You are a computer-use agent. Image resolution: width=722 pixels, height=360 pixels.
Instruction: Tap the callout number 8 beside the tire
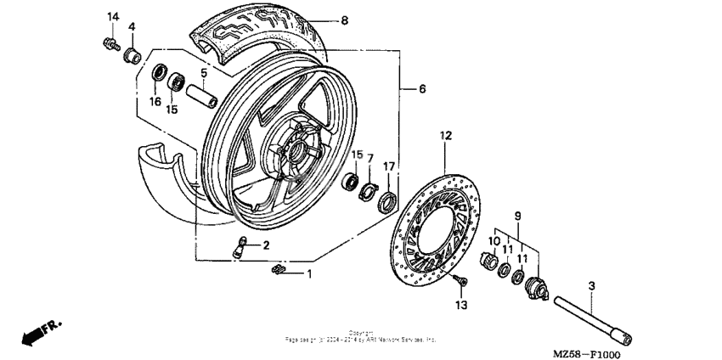(344, 20)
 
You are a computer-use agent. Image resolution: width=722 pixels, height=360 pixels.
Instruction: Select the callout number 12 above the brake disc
(445, 135)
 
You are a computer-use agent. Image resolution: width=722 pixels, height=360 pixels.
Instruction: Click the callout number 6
(422, 88)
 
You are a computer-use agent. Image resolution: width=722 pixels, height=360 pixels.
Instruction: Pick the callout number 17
(388, 166)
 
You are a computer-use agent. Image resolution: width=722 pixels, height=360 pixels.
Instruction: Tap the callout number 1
(309, 273)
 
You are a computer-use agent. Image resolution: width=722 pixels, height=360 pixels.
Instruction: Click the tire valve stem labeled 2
(240, 247)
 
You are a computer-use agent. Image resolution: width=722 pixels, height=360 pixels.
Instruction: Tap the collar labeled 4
(132, 56)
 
